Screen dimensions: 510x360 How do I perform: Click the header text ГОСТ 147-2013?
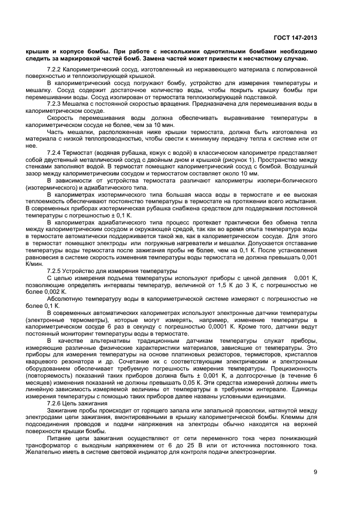(x=295, y=38)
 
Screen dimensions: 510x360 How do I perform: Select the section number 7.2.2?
(x=55, y=70)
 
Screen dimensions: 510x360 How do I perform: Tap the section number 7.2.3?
(x=55, y=102)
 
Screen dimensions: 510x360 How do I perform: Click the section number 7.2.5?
(x=55, y=271)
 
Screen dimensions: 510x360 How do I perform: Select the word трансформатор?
(x=47, y=446)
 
